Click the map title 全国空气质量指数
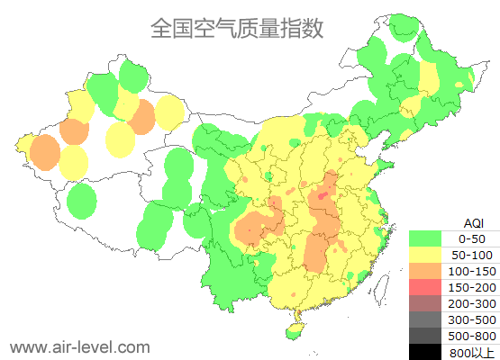236,28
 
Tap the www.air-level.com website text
79,346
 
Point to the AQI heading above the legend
473,222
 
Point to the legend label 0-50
472,238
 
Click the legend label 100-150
472,271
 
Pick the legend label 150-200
472,287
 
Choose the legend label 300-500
472,319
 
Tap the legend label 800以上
472,352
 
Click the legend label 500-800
472,336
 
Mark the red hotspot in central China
323,193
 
